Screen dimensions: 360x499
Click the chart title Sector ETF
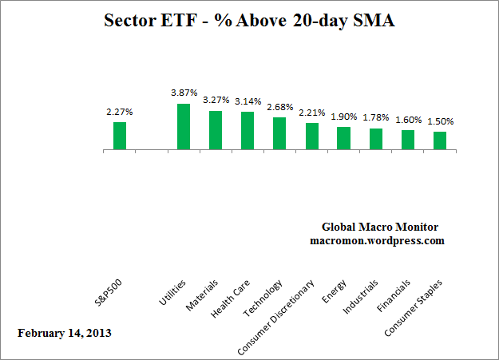click(x=249, y=21)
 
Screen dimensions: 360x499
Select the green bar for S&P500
click(x=120, y=136)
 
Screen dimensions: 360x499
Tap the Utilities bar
click(x=184, y=127)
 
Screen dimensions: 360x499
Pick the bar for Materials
click(x=216, y=130)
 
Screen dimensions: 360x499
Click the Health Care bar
click(x=248, y=131)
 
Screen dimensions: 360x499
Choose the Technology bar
click(x=279, y=133)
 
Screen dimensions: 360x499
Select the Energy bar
click(x=343, y=138)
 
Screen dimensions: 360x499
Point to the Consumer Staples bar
click(x=440, y=140)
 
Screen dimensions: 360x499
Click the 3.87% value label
click(x=184, y=93)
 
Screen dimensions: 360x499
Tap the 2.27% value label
click(x=120, y=112)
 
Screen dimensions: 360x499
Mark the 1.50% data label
click(x=440, y=121)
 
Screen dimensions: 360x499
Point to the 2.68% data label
click(x=279, y=108)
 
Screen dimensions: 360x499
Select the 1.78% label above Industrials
click(x=376, y=118)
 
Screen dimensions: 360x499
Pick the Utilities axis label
click(x=172, y=293)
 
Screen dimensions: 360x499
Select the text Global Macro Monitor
click(x=379, y=227)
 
